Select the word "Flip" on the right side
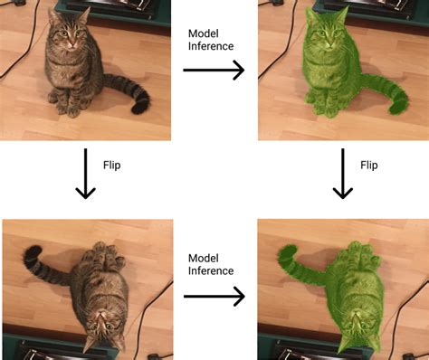point(369,166)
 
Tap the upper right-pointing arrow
point(214,71)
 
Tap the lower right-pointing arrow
point(214,296)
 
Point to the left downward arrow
point(84,174)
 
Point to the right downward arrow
point(341,174)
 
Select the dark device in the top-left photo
point(113,9)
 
